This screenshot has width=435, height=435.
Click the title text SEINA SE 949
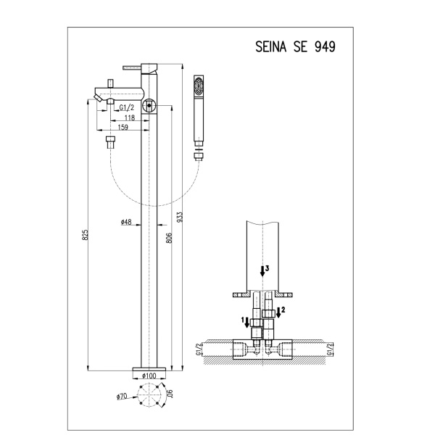pos(295,46)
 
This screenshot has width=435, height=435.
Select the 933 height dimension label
pos(180,217)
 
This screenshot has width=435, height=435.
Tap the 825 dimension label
pos(86,235)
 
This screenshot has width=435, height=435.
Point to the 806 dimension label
pos(169,238)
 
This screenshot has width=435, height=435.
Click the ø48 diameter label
pos(126,222)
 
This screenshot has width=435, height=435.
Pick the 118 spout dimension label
pos(130,117)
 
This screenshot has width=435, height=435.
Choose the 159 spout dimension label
pos(123,127)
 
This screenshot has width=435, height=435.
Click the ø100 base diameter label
pos(149,376)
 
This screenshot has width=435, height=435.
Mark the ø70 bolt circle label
pos(122,397)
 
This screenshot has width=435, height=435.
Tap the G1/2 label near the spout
pos(126,107)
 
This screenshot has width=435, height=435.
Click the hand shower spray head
pos(199,86)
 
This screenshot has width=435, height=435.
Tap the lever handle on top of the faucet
pos(133,67)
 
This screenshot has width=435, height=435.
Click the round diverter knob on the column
pos(149,105)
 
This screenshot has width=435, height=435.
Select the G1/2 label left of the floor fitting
pos(199,349)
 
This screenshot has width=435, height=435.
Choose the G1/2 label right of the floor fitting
pos(329,349)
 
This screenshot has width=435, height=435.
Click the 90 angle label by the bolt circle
pos(170,394)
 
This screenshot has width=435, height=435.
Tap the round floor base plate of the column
pos(149,369)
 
